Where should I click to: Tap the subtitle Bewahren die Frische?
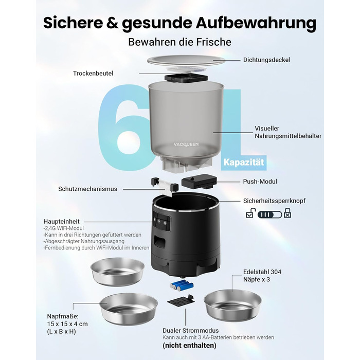(x=180, y=42)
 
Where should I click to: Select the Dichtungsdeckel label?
(x=266, y=60)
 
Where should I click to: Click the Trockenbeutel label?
(x=93, y=74)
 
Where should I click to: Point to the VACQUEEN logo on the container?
(x=186, y=145)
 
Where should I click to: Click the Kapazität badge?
(x=244, y=163)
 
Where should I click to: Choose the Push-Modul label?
(x=260, y=182)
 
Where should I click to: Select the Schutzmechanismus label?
(x=88, y=189)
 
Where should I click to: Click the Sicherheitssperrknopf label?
(x=274, y=201)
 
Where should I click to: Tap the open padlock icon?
(x=250, y=213)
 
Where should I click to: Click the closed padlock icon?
(x=287, y=213)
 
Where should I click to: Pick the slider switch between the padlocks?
(x=270, y=214)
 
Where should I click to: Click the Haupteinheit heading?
(x=62, y=222)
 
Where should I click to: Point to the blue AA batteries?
(x=182, y=285)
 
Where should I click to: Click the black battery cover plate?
(x=182, y=301)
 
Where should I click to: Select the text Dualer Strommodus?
(x=191, y=331)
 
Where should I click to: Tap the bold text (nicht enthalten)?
(x=189, y=345)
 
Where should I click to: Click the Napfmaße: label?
(x=63, y=316)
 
